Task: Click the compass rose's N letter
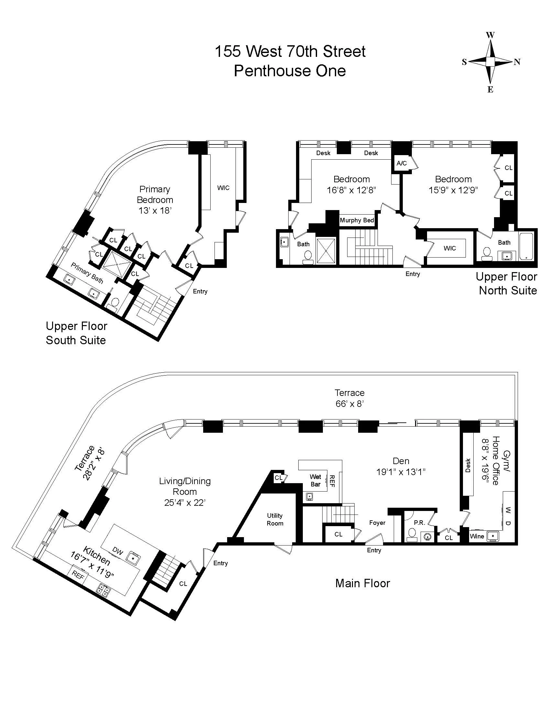coord(517,62)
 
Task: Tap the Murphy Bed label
coord(357,220)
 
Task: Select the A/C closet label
coord(401,164)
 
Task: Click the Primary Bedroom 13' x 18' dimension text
coord(155,211)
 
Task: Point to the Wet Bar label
coord(315,481)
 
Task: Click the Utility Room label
coord(275,519)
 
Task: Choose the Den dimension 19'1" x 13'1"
coord(401,472)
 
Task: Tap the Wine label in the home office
coord(477,536)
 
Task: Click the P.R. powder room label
coord(419,523)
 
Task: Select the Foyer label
coord(377,523)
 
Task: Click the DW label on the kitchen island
coord(118,551)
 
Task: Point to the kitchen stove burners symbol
coord(104,590)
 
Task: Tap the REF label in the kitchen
coord(78,575)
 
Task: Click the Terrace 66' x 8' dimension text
coord(350,404)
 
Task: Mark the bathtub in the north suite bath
coord(526,246)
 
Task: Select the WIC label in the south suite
coord(223,188)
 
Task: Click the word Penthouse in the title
coord(268,71)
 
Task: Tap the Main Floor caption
coord(362,583)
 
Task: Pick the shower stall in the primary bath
coord(117,264)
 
